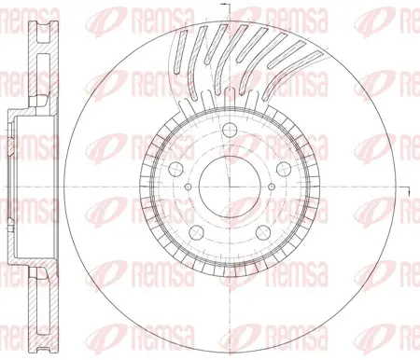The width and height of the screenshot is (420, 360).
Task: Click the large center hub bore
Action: [x=230, y=187]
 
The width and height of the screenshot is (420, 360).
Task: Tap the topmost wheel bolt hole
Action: [x=230, y=130]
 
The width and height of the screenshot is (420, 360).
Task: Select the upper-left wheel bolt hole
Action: [x=175, y=169]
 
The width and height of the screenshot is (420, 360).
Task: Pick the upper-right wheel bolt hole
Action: [x=284, y=169]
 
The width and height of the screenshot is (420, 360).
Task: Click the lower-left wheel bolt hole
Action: [x=196, y=232]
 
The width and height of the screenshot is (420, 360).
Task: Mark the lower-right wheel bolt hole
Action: [x=262, y=232]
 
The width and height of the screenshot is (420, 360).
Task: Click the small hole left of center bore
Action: [x=188, y=187]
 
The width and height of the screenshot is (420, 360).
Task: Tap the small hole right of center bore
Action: [x=272, y=187]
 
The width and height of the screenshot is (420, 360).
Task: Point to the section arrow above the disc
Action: [x=224, y=5]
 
